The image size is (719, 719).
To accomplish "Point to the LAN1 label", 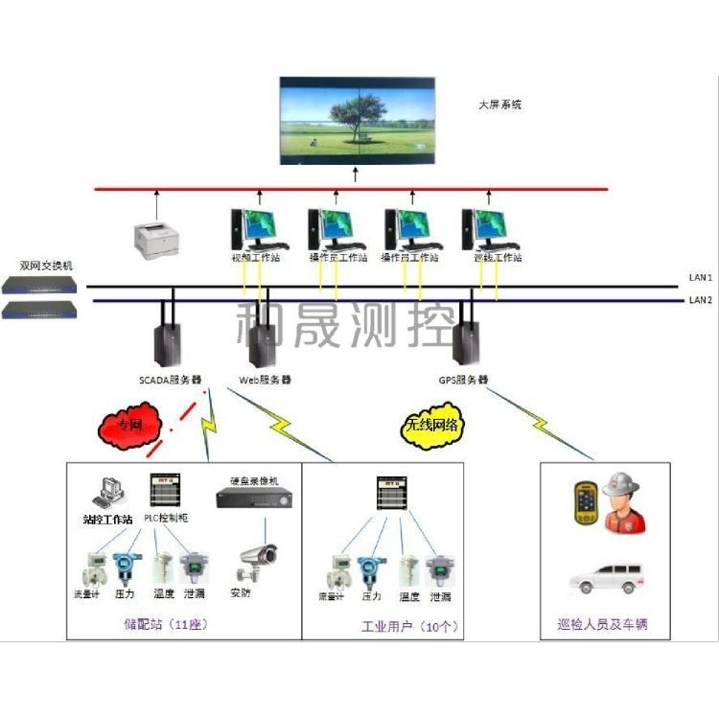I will [x=700, y=277].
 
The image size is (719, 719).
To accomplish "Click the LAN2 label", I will [x=700, y=300].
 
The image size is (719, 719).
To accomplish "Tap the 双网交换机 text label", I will [x=46, y=265].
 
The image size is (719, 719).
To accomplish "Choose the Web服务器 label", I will [x=265, y=380].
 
